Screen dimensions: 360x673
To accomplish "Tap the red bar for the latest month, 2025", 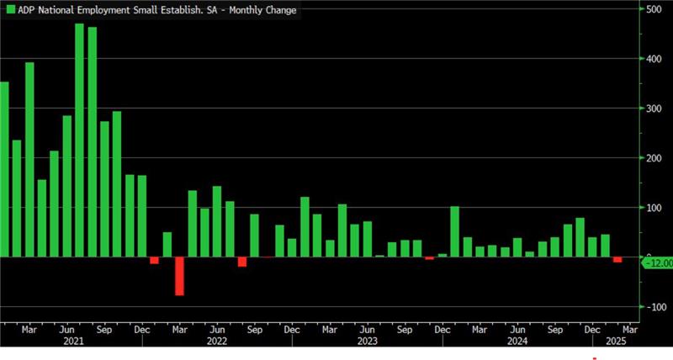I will [x=617, y=260].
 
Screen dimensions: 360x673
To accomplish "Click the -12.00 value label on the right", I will [x=657, y=263].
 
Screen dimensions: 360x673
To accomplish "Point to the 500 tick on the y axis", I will [x=652, y=9].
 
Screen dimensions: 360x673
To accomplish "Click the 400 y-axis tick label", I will [x=652, y=59].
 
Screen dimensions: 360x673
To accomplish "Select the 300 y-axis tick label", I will [x=652, y=109].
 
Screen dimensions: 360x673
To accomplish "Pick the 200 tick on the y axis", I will [x=652, y=158].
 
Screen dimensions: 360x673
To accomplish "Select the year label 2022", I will [x=216, y=342].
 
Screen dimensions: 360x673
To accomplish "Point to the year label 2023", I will [x=367, y=342].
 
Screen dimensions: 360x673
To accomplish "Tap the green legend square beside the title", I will [x=11, y=9].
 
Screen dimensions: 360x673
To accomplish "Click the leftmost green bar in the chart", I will [x=4, y=169].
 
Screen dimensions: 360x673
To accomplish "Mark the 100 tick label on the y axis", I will [x=652, y=208].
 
